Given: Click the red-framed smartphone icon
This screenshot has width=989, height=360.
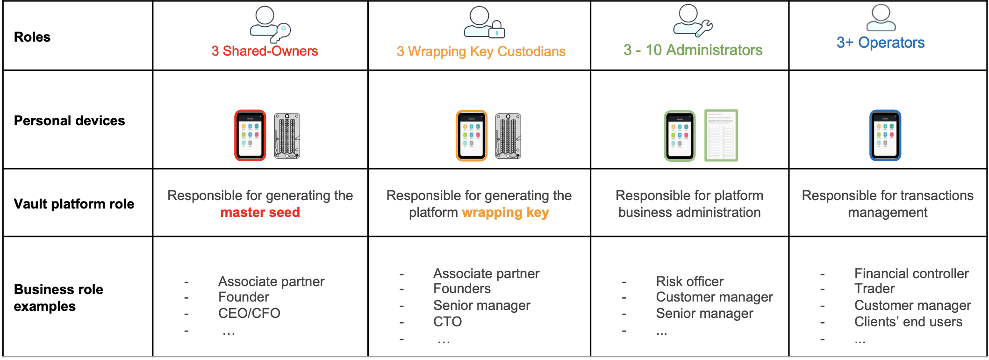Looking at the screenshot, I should coord(250,136).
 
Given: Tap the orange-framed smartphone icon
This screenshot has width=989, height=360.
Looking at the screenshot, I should coord(471,136).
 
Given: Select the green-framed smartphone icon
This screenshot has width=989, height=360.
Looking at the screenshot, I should coord(680,136).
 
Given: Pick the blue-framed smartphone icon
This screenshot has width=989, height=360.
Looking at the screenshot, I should coord(885,136).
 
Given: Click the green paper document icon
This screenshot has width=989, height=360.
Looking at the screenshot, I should coord(721,136).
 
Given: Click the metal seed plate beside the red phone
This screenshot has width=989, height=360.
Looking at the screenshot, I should coord(287,136).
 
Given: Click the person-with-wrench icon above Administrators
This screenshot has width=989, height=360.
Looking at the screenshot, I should coord(692,21).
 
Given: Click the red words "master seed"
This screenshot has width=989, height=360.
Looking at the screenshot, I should coord(260,212).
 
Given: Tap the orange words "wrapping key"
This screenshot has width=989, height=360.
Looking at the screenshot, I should coord(505,212).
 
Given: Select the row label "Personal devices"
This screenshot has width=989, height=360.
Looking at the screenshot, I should coord(69,121).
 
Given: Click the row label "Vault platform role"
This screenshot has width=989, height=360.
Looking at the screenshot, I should coord(74,204).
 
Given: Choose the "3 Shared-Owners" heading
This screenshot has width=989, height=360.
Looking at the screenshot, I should coord(265,51).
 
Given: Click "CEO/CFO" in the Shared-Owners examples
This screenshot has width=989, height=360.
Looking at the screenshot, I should coord(249,313).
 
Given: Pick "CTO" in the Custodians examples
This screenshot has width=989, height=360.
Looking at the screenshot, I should coord(447,322).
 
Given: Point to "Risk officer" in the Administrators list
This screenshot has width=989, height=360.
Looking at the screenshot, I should coord(689,281).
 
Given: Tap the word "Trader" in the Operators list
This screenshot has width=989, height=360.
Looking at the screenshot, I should coord(874,289).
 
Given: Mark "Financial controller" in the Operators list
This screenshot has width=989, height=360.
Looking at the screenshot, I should coord(911,274).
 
